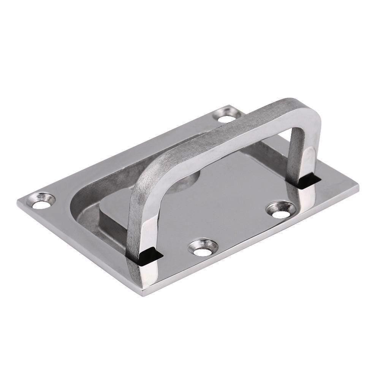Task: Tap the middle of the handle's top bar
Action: click(x=228, y=131)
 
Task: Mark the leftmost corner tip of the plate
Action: click(x=17, y=201)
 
